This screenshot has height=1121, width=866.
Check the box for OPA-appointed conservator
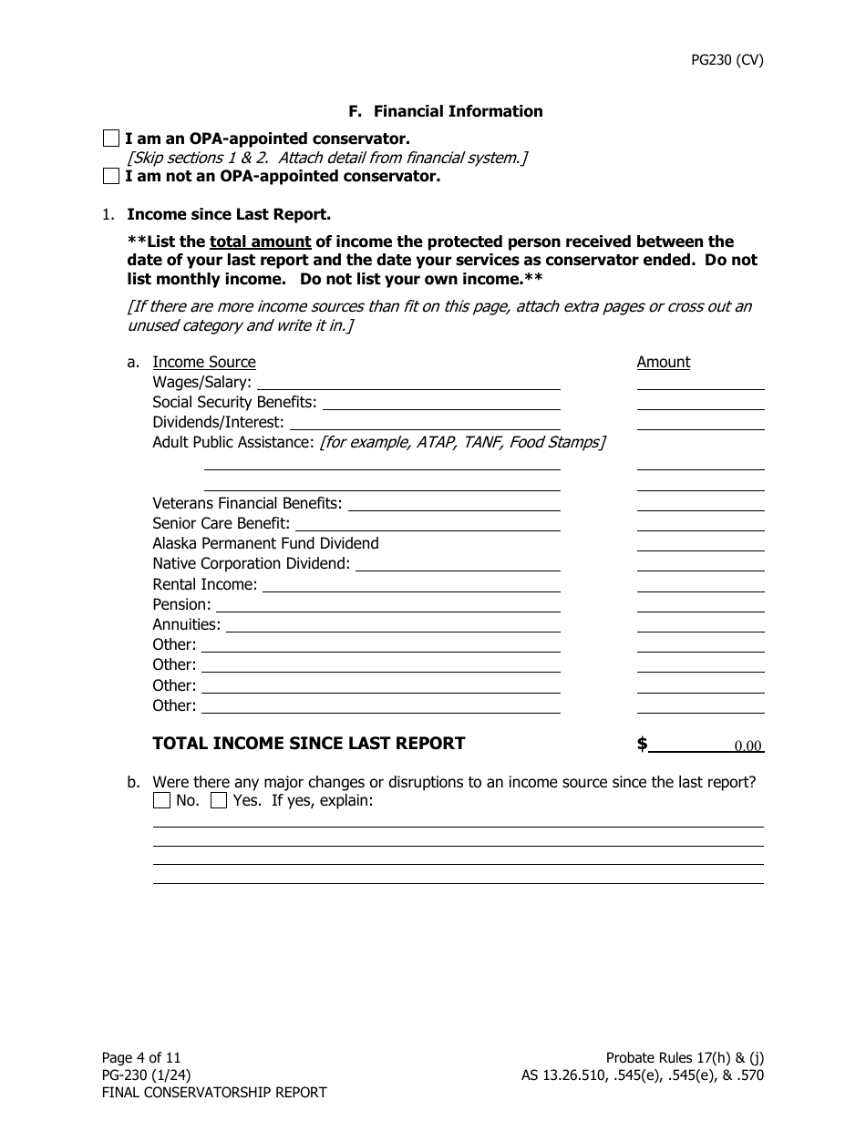pos(110,139)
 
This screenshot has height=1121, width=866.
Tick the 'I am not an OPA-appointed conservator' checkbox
pos(110,176)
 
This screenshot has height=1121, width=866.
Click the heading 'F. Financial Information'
pos(445,111)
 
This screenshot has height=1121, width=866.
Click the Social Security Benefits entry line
pos(441,402)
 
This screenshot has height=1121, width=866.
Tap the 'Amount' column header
pos(663,362)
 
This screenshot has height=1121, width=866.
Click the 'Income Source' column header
pos(203,362)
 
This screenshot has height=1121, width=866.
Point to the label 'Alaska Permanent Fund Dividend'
pos(265,543)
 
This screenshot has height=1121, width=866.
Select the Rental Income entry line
pos(411,584)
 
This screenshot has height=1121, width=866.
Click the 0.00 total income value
pos(747,746)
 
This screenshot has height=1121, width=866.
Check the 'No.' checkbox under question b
pos(161,801)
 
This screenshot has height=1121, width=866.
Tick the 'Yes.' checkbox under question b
pos(219,801)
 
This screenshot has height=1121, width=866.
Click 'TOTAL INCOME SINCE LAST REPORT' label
pos(308,744)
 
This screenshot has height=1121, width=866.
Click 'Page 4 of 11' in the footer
pos(141,1057)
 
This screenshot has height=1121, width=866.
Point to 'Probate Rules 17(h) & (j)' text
pos(685,1057)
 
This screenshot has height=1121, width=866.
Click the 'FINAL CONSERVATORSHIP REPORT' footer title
pos(213,1092)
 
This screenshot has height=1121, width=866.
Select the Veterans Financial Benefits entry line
pos(454,503)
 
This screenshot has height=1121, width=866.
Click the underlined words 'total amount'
pos(260,242)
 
